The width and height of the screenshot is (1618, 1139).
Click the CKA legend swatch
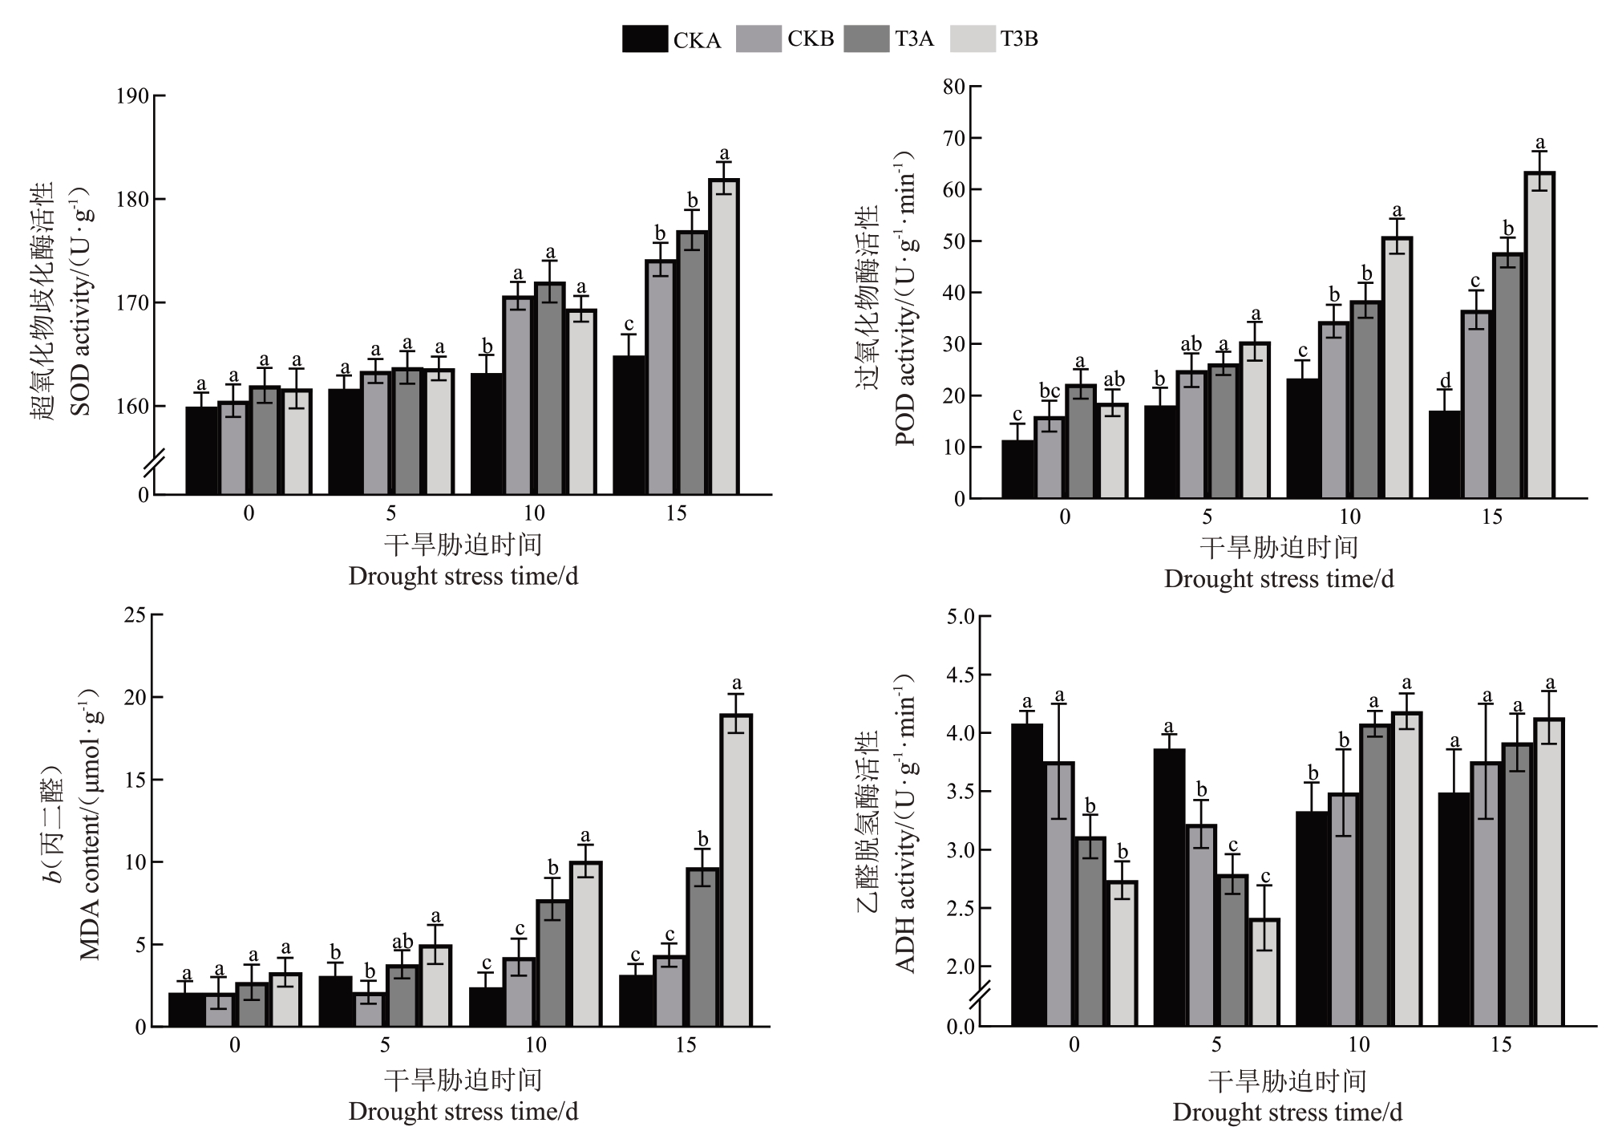645,39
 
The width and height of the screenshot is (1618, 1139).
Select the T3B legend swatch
973,39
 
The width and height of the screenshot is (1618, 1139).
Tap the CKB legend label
811,39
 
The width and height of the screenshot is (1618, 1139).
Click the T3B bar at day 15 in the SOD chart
724,337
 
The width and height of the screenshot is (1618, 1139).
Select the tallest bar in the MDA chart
735,870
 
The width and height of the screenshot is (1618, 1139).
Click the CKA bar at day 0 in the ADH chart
1027,874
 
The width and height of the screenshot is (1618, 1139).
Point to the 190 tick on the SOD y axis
132,96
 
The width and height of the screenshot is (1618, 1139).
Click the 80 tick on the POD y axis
954,87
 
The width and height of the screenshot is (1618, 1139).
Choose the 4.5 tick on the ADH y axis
960,675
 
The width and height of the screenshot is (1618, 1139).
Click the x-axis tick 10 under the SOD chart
534,513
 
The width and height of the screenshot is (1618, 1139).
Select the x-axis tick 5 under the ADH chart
1216,1044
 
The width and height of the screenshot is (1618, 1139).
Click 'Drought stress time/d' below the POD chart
1279,579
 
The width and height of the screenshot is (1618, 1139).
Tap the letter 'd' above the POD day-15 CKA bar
1445,380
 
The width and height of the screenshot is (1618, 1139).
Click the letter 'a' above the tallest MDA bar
737,684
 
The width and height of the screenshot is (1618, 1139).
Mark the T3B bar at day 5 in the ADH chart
1264,972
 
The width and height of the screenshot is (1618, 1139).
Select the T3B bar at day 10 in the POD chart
1397,367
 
